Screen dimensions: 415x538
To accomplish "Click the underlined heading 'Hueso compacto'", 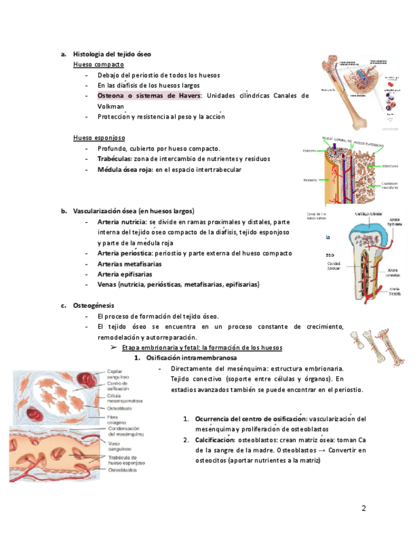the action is (x=98, y=65).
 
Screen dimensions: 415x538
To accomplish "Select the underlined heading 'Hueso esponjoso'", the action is (x=99, y=138).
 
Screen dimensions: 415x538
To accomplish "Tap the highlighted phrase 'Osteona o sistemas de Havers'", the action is (x=148, y=96).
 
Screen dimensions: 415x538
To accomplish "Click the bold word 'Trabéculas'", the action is (x=115, y=159).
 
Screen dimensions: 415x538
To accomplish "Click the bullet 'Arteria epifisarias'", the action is (x=124, y=274).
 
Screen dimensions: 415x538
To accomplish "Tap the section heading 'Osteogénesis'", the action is (x=94, y=306).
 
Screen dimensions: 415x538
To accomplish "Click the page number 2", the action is (x=364, y=508).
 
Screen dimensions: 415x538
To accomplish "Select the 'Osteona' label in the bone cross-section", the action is (x=310, y=151).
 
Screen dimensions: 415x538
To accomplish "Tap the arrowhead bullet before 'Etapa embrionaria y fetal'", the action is (x=115, y=348).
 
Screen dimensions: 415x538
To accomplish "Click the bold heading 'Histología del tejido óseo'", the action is (x=112, y=55).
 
